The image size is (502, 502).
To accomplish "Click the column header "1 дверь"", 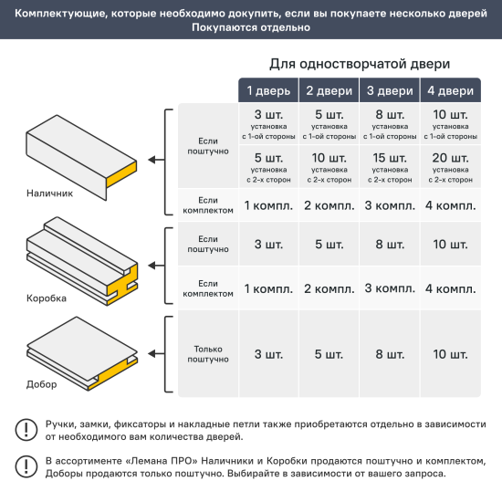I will (x=268, y=91).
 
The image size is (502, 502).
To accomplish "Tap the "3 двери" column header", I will (x=390, y=91).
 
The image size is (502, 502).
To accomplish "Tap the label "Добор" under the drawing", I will (x=42, y=384).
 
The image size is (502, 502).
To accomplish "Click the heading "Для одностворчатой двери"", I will (x=359, y=65).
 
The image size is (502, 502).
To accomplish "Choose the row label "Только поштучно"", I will (x=208, y=354).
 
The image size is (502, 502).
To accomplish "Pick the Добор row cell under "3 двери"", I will (x=390, y=354).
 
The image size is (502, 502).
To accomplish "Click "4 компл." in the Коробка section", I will (x=449, y=289).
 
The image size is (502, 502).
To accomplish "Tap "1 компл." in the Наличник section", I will (x=268, y=205).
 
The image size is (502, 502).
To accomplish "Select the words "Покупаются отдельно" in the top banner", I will (x=250, y=27).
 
